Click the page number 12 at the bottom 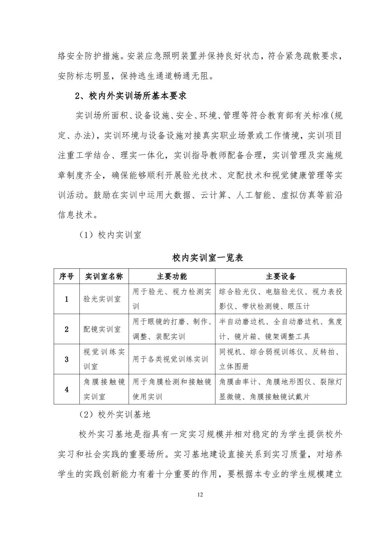200,495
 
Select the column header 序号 67,276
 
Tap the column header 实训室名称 104,276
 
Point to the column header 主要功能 172,276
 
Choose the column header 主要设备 281,276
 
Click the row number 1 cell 67,299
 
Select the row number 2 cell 67,329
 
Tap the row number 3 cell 67,359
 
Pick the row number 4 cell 67,389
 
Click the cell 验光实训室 102,299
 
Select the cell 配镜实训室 102,329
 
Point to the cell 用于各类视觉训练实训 170,359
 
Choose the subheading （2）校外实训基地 114,414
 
